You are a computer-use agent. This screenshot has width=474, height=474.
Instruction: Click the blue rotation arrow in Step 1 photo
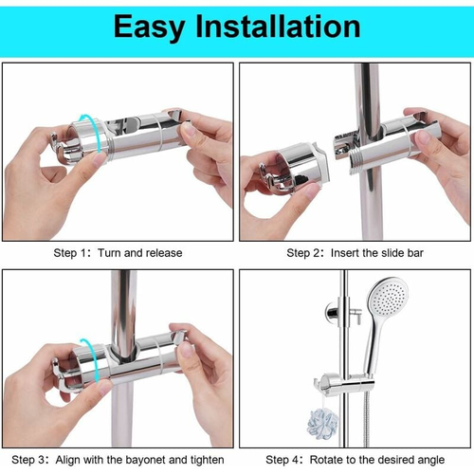coord(87,133)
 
